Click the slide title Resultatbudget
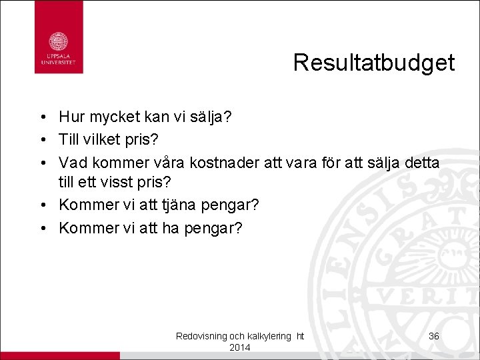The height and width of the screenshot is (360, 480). (x=373, y=63)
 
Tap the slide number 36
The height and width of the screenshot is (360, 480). (x=433, y=336)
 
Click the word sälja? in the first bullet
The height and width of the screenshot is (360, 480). (x=212, y=118)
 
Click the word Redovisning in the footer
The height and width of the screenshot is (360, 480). (x=201, y=337)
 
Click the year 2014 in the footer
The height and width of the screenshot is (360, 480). (x=239, y=348)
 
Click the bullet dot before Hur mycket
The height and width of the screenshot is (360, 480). (x=41, y=119)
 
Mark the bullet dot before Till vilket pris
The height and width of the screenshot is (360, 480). (x=41, y=141)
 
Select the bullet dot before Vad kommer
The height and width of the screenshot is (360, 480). (x=41, y=163)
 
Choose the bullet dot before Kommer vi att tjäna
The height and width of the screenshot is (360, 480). (x=41, y=205)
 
